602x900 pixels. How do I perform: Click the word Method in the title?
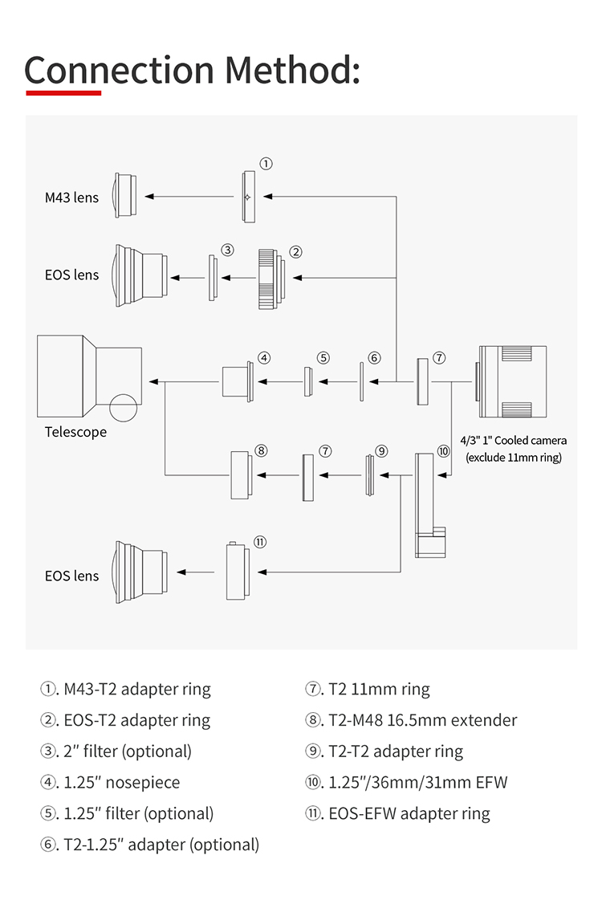(292, 70)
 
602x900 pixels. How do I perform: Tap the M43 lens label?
(71, 198)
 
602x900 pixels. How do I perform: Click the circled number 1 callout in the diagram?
(266, 164)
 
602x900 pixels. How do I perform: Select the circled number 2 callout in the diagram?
(295, 252)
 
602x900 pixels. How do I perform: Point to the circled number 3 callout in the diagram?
(228, 250)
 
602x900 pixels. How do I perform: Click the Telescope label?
(75, 432)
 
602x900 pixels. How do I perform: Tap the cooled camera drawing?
(510, 381)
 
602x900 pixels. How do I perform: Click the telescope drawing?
(89, 377)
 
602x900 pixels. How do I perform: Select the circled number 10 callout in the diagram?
(444, 451)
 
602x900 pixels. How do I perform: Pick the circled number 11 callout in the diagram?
(260, 542)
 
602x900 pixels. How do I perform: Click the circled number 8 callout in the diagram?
(261, 450)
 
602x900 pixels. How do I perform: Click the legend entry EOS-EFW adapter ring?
(397, 814)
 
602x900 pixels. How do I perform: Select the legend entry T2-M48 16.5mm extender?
(411, 720)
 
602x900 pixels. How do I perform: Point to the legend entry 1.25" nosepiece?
(110, 782)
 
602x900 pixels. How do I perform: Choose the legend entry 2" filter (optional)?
(116, 751)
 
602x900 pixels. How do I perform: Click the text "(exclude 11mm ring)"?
(514, 458)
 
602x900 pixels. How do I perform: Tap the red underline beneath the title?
(63, 92)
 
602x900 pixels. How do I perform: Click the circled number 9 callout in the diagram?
(381, 451)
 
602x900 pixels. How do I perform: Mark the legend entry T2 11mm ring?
(368, 689)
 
